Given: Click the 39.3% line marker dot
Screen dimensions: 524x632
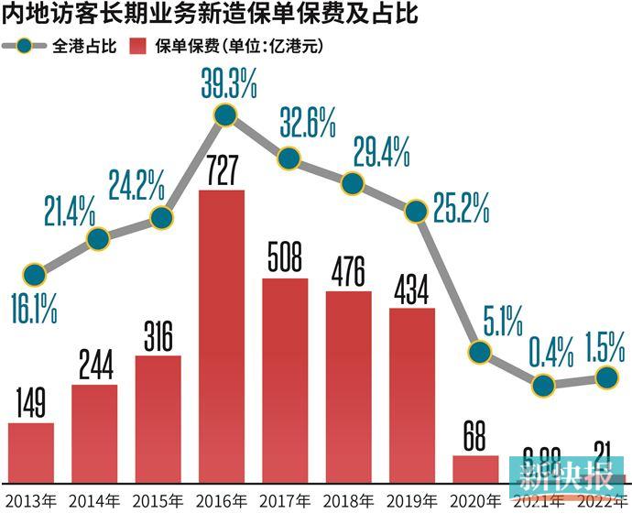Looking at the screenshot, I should tap(225, 115).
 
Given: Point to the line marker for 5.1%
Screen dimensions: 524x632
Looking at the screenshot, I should tap(479, 351).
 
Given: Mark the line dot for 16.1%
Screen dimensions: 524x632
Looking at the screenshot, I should tap(34, 274).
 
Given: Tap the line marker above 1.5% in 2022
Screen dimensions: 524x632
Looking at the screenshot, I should tap(606, 376).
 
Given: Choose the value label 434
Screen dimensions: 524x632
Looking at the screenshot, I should tap(412, 289).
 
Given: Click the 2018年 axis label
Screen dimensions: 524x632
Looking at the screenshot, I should tap(348, 502).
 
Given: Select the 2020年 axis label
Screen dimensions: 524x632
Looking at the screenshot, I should tap(475, 502).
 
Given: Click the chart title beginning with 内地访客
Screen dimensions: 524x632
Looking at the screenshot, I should tap(175, 15).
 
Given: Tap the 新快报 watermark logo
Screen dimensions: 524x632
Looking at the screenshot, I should tap(566, 479).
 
